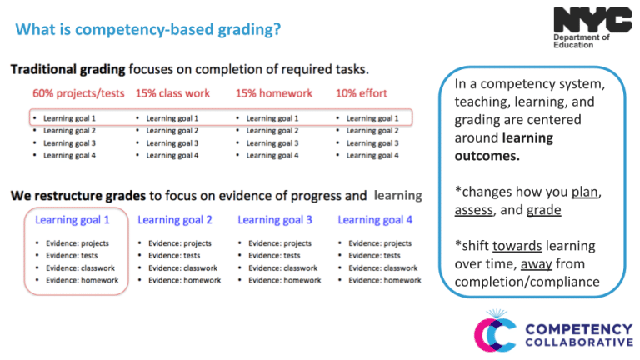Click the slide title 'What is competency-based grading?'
(147, 30)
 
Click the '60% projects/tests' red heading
(78, 93)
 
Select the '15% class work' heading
(173, 93)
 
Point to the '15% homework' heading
(273, 93)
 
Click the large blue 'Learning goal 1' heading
(72, 220)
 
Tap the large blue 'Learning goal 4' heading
(375, 220)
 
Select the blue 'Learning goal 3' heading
(275, 220)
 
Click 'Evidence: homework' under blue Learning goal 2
(184, 281)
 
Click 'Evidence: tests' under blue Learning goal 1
(71, 256)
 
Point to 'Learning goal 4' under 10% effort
(372, 155)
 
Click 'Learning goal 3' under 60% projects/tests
(69, 143)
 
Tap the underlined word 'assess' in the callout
(473, 210)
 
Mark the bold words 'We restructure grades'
(78, 196)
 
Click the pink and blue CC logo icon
(495, 331)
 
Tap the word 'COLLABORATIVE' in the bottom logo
(578, 342)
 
